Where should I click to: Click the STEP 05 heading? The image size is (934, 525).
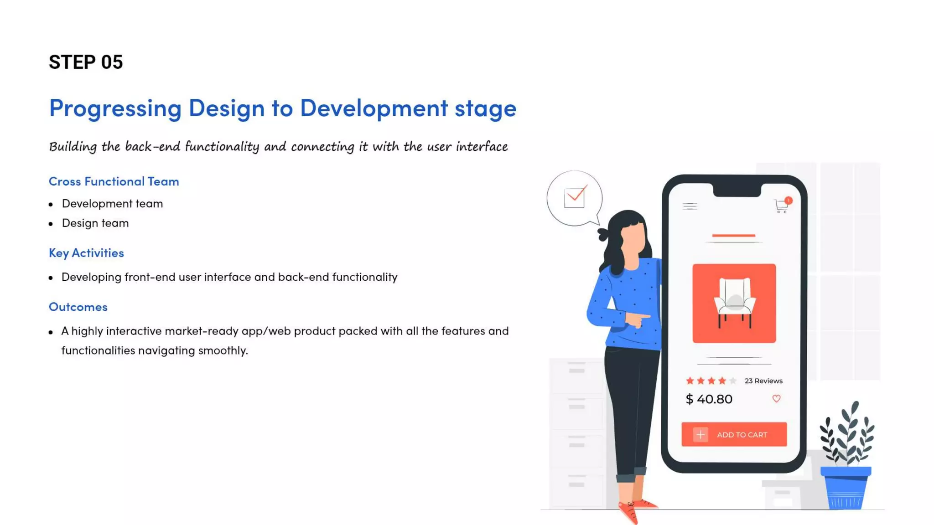click(x=86, y=62)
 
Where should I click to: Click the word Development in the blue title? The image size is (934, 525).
click(x=374, y=108)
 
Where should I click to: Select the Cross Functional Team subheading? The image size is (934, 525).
click(x=114, y=181)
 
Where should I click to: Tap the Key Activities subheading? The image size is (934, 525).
click(x=86, y=253)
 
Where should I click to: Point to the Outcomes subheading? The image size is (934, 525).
click(x=78, y=307)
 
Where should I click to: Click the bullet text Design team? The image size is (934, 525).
click(x=95, y=223)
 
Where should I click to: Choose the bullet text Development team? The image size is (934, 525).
click(x=112, y=204)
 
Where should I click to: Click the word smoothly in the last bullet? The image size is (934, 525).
click(x=223, y=350)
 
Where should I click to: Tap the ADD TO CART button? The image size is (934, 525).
click(x=734, y=434)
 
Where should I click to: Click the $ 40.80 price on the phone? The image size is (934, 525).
click(x=709, y=399)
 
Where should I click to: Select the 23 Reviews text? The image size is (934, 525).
click(x=763, y=381)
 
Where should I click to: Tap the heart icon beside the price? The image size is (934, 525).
click(x=776, y=399)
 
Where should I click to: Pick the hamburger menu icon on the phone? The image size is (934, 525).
click(x=690, y=206)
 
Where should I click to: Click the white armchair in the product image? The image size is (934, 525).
click(x=734, y=301)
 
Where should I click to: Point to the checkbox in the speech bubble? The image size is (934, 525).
click(x=574, y=197)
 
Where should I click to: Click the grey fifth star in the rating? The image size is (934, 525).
click(x=733, y=381)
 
